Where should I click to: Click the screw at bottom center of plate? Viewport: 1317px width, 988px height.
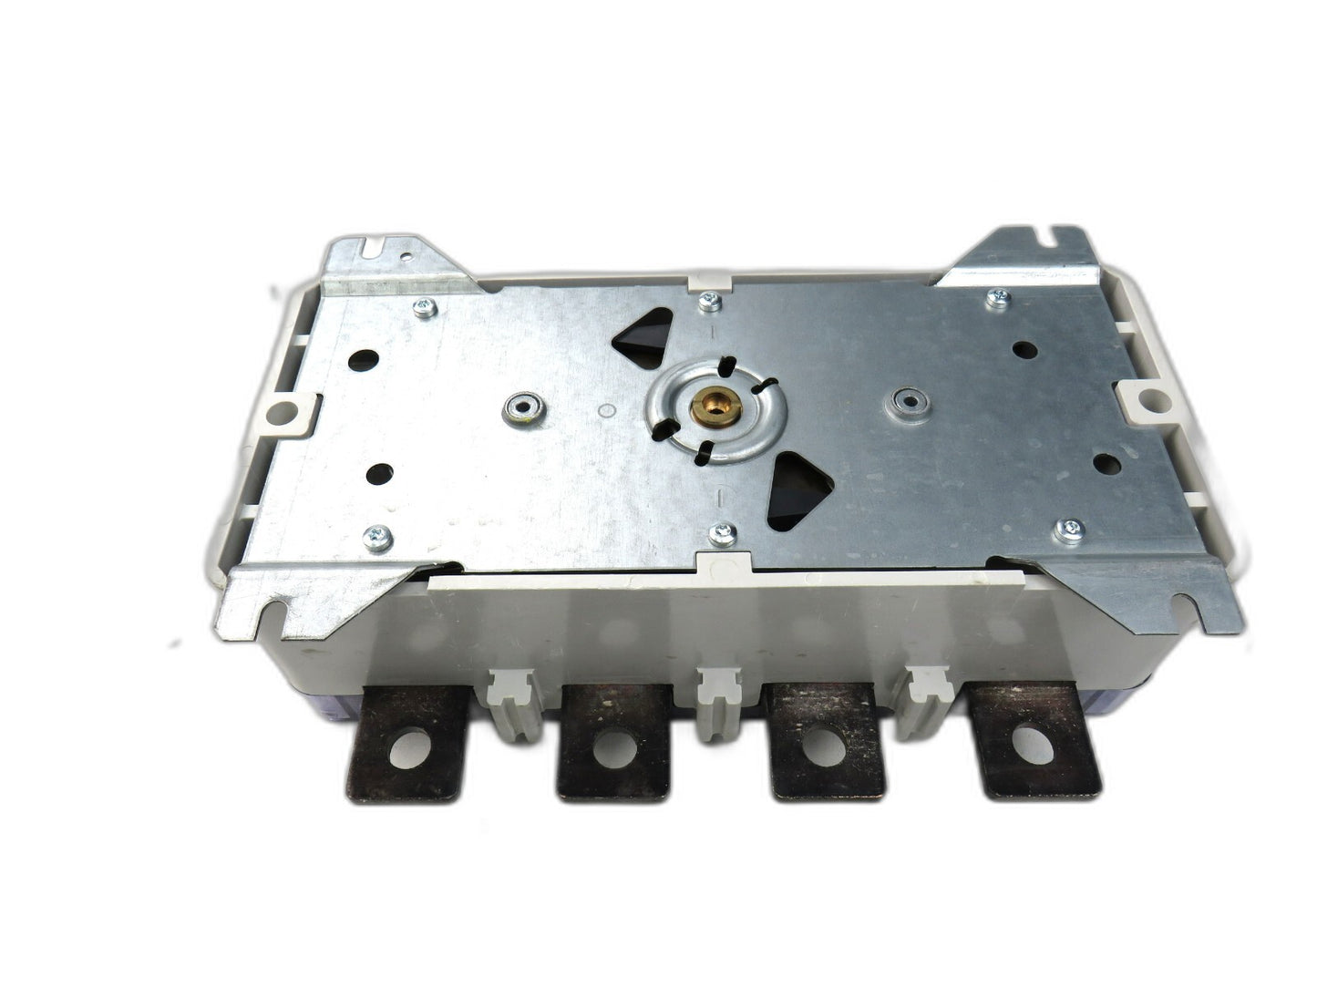(723, 532)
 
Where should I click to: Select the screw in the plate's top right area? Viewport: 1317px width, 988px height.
(998, 295)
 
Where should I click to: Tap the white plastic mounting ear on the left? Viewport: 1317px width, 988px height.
(293, 412)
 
